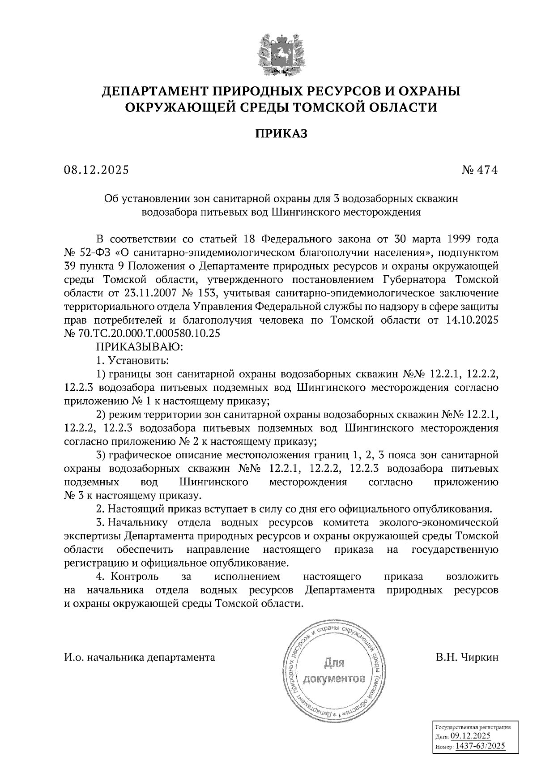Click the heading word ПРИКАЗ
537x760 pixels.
[281, 133]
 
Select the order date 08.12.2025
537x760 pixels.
[96, 170]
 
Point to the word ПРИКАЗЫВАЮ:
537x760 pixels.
[138, 346]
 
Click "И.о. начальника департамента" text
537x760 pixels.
[140, 657]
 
